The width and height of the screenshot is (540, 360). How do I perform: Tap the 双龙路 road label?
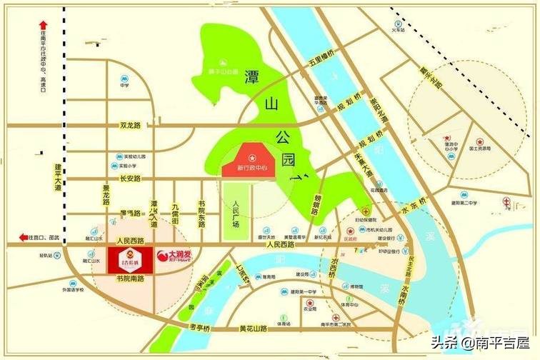[131, 126]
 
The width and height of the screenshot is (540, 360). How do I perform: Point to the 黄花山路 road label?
[253, 329]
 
